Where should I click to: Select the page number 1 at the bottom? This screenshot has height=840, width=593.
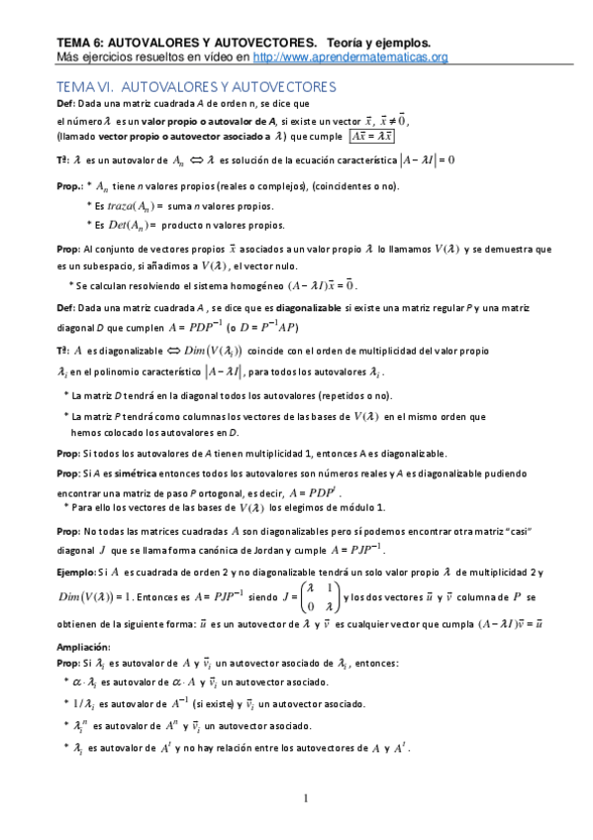306,798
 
